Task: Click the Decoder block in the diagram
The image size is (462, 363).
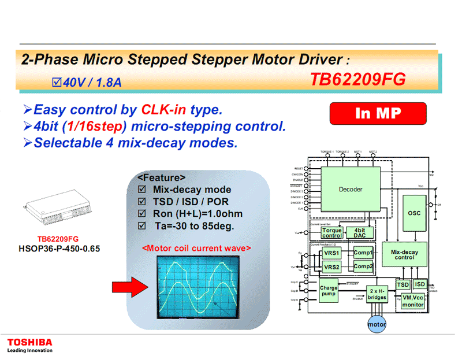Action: click(x=351, y=190)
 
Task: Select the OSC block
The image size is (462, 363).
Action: click(x=414, y=213)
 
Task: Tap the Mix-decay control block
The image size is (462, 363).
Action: click(x=404, y=254)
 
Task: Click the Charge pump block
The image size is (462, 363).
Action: click(x=329, y=290)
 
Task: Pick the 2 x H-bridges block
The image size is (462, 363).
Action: click(x=377, y=294)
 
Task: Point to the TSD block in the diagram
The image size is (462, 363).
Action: click(x=403, y=284)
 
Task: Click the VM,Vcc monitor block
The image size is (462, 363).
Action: click(x=413, y=300)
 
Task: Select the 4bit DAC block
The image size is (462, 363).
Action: click(x=359, y=233)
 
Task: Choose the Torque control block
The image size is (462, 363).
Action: click(x=332, y=233)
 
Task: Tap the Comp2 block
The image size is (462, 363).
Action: click(x=363, y=266)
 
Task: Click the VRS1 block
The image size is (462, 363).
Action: click(x=331, y=253)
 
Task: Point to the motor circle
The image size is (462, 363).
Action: click(x=377, y=324)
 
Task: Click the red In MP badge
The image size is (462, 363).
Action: click(x=378, y=113)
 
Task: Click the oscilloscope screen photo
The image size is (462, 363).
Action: click(x=197, y=286)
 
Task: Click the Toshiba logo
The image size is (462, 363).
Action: click(x=29, y=342)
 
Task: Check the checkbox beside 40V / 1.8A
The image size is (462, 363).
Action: click(x=56, y=83)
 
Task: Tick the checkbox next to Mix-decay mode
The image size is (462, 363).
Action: click(x=141, y=190)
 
